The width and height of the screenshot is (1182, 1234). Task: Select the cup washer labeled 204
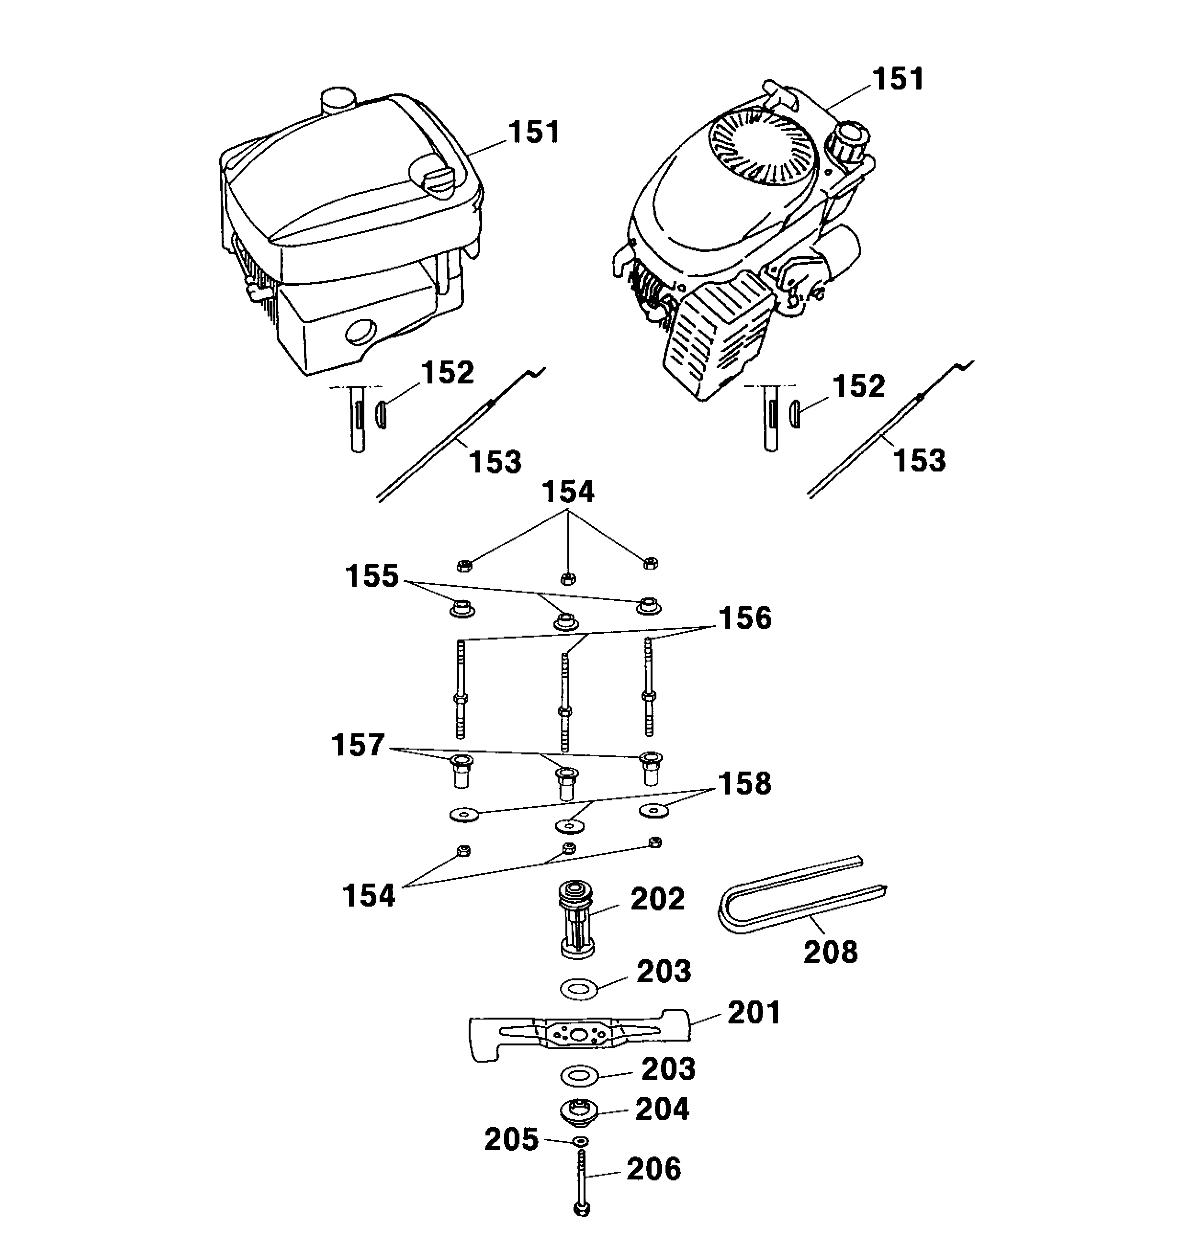click(x=579, y=1110)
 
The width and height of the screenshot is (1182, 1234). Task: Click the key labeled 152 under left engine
click(x=380, y=415)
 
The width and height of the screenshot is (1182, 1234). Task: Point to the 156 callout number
click(x=745, y=618)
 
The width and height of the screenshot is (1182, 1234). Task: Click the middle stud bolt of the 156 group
click(x=565, y=702)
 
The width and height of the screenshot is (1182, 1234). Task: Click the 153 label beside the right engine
click(x=919, y=460)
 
